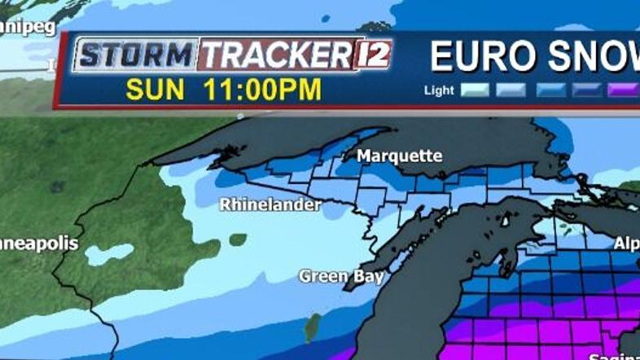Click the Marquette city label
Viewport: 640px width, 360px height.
click(400, 156)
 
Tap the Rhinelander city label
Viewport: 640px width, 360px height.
click(270, 205)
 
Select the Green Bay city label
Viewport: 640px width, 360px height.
click(341, 276)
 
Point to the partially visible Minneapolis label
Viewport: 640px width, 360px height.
click(38, 244)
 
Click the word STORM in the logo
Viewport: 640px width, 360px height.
click(136, 55)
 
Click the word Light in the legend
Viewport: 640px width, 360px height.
click(439, 90)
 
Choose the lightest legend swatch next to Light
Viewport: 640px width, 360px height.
click(475, 90)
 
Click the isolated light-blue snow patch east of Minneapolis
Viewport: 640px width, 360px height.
click(108, 255)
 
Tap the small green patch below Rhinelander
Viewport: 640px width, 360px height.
click(238, 239)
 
